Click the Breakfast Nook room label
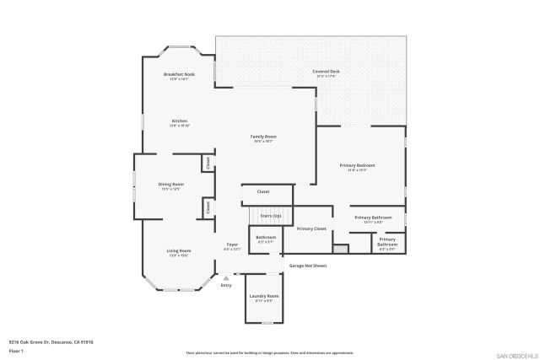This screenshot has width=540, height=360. pyautogui.click(x=179, y=75)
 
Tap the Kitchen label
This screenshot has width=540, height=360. pyautogui.click(x=179, y=121)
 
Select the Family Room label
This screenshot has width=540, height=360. pyautogui.click(x=263, y=137)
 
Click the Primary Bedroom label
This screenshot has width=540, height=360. pyautogui.click(x=357, y=165)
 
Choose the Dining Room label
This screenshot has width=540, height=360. pyautogui.click(x=170, y=185)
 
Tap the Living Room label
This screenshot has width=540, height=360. pyautogui.click(x=179, y=250)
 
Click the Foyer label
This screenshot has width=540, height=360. pyautogui.click(x=232, y=244)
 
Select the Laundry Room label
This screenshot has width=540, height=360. pyautogui.click(x=262, y=297)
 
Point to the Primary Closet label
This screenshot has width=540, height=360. pyautogui.click(x=311, y=228)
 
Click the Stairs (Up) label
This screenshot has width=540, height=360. pyautogui.click(x=270, y=217)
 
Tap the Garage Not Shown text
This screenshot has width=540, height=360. pyautogui.click(x=308, y=266)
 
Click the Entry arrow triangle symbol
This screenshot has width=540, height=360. pyautogui.click(x=225, y=277)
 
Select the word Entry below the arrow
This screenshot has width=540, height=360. pyautogui.click(x=225, y=286)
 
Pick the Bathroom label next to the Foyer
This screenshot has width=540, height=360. pyautogui.click(x=266, y=238)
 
